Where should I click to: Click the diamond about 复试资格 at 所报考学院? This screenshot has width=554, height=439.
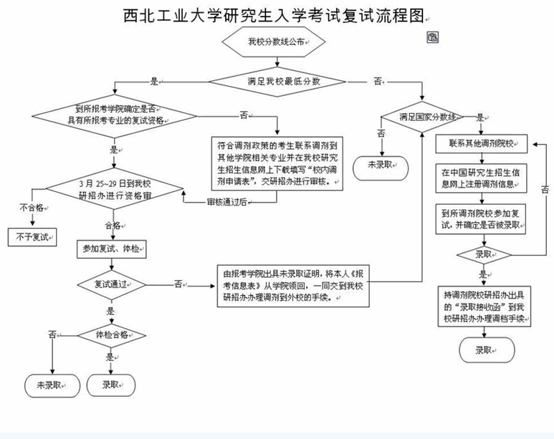click(115, 115)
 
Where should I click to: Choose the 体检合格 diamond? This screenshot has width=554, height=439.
click(111, 334)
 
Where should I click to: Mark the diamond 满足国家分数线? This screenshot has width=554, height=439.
click(421, 116)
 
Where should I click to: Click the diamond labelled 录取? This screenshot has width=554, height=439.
click(484, 254)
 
